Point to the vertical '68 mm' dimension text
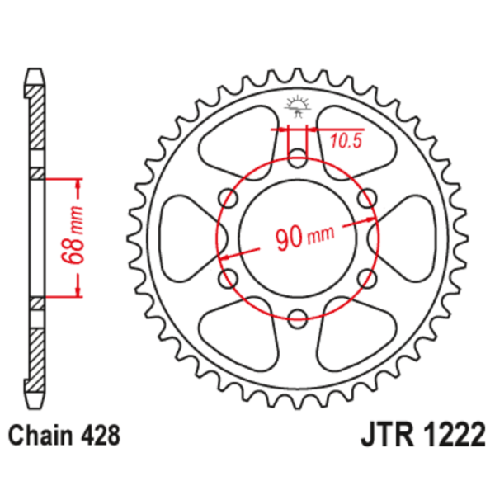click(72, 237)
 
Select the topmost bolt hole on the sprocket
click(296, 154)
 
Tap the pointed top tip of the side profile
click(35, 72)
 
